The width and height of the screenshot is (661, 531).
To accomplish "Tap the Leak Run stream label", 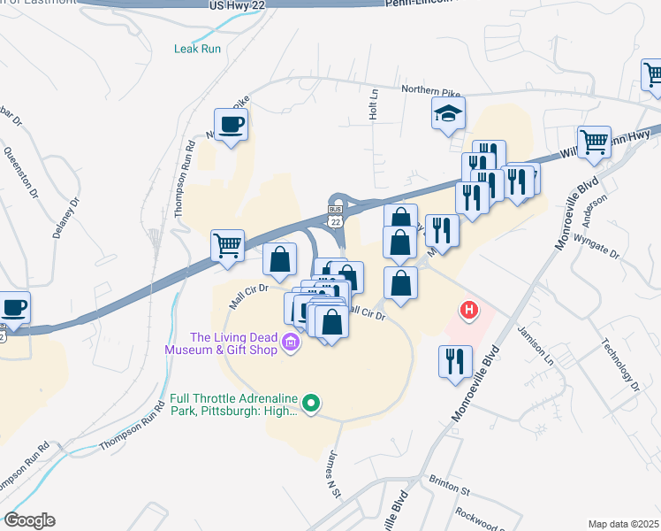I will tap(197, 49).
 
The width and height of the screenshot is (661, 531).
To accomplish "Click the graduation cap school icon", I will tap(448, 113).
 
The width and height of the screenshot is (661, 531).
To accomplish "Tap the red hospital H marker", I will tap(470, 310).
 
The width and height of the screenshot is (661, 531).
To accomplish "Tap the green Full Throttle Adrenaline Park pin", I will tap(310, 404).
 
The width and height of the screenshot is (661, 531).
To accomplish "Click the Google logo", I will tap(28, 520).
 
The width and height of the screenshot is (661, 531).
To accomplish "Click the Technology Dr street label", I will tap(619, 364).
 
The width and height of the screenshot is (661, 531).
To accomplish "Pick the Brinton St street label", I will tap(452, 489).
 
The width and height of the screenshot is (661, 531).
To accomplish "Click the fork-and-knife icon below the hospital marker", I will tap(455, 361).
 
